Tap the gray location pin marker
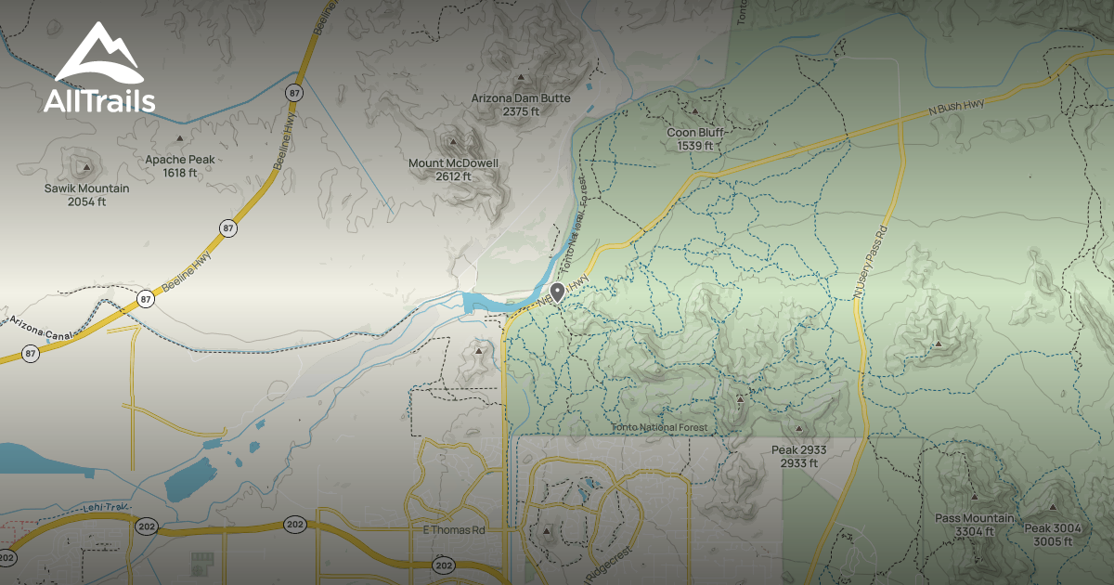558,292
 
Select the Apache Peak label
179,165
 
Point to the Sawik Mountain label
86,194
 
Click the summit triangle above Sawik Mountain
86,168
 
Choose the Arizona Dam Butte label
520,104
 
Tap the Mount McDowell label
453,169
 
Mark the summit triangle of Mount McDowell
453,142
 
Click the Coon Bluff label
694,138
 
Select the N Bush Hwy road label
956,108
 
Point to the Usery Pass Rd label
871,265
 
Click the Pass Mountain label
974,525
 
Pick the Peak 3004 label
1053,534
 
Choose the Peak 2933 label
798,456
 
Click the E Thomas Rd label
454,530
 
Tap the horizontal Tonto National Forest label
659,428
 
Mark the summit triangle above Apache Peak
179,138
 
